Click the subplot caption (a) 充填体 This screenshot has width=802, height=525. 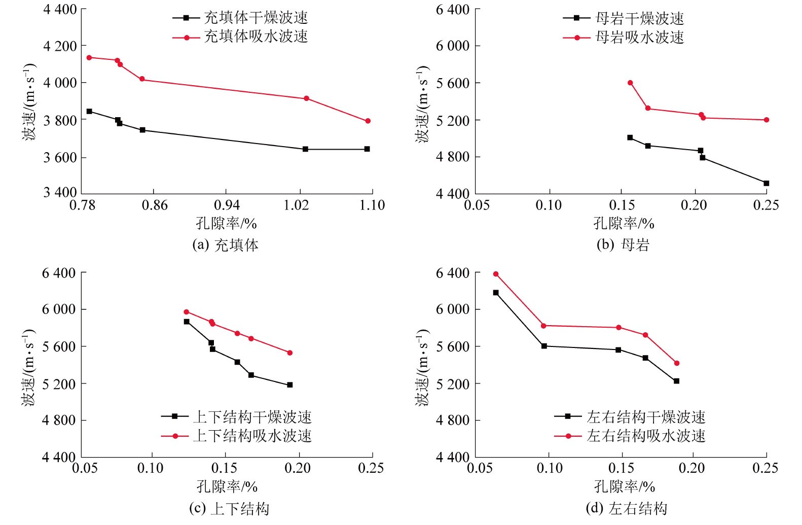tap(225, 246)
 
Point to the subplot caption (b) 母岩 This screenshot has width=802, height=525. tap(623, 245)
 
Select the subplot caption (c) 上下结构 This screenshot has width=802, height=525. tap(229, 509)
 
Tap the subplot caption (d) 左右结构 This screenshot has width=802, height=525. tap(626, 508)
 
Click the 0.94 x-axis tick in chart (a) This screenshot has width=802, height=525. tap(227, 205)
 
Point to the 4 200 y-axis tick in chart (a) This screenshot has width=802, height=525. tap(60, 46)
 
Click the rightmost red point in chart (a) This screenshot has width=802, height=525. tap(368, 121)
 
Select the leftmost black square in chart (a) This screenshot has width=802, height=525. tap(89, 111)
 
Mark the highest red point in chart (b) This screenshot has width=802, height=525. tap(630, 83)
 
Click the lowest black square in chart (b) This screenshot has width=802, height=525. tap(766, 183)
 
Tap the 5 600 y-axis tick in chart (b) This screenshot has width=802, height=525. tap(452, 83)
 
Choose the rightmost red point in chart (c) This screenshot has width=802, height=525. tap(290, 353)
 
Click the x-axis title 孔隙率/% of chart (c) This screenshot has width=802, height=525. tap(227, 487)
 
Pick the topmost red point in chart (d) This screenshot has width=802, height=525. tap(496, 274)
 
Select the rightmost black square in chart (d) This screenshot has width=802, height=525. tap(676, 381)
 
